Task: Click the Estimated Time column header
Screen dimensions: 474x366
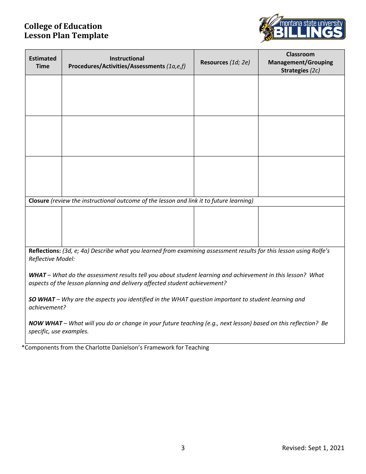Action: (x=43, y=62)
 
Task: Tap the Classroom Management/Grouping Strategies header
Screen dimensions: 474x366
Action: (x=301, y=62)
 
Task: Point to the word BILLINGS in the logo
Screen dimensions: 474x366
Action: (x=308, y=32)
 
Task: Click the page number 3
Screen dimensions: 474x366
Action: (x=183, y=448)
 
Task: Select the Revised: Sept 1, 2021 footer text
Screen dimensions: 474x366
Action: (x=313, y=448)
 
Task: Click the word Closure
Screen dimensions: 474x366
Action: (x=39, y=201)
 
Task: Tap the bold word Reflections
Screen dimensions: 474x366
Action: (x=45, y=251)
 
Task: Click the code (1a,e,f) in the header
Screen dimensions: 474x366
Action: (x=176, y=66)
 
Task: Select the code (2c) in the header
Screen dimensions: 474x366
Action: (x=315, y=71)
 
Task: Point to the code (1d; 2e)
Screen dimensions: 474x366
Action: (x=240, y=62)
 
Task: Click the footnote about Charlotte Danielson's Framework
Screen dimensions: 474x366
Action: (x=116, y=348)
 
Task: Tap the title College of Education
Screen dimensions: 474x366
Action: (x=63, y=26)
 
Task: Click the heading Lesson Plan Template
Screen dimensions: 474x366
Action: (x=66, y=36)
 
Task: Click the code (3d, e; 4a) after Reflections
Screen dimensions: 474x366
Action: (x=76, y=251)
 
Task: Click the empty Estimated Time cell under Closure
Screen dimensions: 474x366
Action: (x=44, y=227)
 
